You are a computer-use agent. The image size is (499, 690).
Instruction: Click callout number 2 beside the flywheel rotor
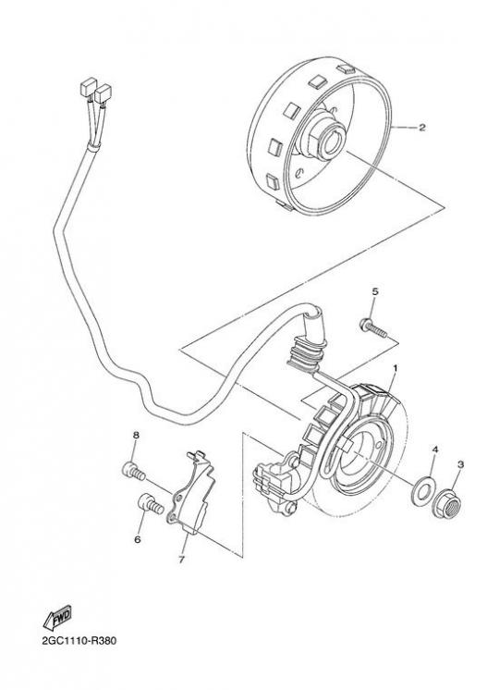point(421,128)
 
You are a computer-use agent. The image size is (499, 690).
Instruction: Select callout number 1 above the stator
point(395,367)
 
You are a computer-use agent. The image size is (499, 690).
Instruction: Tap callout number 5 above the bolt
point(375,291)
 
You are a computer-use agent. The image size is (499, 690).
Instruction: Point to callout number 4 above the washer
point(435,450)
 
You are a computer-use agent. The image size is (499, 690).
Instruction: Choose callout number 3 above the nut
point(461,463)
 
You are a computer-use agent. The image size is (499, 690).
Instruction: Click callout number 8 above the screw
point(136,436)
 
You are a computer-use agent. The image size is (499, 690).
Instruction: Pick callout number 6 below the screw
point(137,539)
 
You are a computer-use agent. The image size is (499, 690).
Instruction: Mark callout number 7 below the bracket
point(181,560)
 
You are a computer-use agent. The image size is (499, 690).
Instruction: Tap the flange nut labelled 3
point(448,503)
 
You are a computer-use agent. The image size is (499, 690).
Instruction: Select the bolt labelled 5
point(373,328)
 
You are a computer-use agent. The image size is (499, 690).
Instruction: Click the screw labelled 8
point(133,472)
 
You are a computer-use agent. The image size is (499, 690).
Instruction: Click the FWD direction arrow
point(57,618)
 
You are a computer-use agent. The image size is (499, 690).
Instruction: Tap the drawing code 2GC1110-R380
point(79,640)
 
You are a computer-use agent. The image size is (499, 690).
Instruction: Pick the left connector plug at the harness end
point(89,87)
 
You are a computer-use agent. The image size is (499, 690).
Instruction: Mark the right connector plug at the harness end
point(103,93)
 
